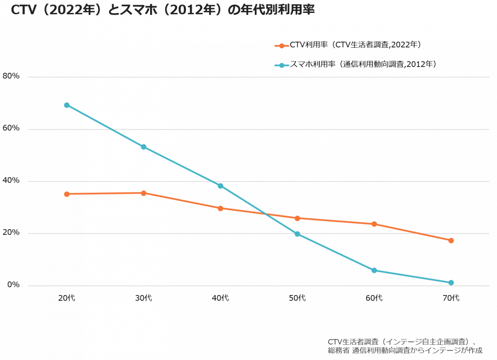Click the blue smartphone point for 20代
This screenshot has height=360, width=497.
pyautogui.click(x=66, y=105)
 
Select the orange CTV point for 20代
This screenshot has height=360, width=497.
pyautogui.click(x=66, y=194)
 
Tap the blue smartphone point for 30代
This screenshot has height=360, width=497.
pyautogui.click(x=143, y=147)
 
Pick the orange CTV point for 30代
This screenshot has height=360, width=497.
pyautogui.click(x=143, y=193)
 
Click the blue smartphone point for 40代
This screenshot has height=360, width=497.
pyautogui.click(x=220, y=186)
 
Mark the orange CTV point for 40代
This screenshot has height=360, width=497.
pyautogui.click(x=220, y=208)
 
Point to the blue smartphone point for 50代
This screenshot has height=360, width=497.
pyautogui.click(x=297, y=234)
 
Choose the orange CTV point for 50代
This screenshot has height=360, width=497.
pyautogui.click(x=297, y=218)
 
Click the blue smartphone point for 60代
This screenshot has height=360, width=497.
pyautogui.click(x=374, y=270)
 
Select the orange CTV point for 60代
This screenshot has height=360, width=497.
pyautogui.click(x=374, y=224)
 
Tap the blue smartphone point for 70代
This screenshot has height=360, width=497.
pyautogui.click(x=451, y=283)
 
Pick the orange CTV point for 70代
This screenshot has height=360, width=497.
pyautogui.click(x=451, y=241)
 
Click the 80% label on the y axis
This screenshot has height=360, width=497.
pyautogui.click(x=11, y=76)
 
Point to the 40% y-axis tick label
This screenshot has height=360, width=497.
pyautogui.click(x=11, y=180)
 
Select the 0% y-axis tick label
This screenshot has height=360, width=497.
pyautogui.click(x=13, y=285)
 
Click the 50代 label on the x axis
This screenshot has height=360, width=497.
pyautogui.click(x=297, y=298)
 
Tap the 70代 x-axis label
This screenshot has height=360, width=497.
pyautogui.click(x=451, y=298)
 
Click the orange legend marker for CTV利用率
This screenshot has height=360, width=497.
pyautogui.click(x=281, y=45)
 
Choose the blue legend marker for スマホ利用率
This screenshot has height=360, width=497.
pyautogui.click(x=281, y=65)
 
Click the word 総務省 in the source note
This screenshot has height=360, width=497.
pyautogui.click(x=339, y=350)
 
